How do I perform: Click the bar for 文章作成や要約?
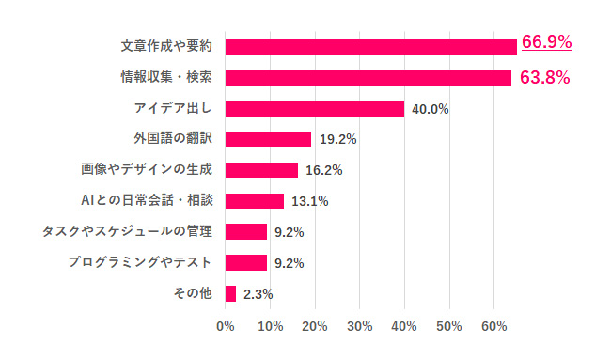(371, 46)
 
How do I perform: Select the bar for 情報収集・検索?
(368, 77)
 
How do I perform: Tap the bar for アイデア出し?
(315, 108)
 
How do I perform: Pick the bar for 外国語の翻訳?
(269, 139)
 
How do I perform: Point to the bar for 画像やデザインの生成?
(262, 170)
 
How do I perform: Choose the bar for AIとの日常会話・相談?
(255, 200)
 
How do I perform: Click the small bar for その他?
(231, 293)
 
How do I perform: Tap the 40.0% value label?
(430, 109)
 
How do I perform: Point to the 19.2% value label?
(337, 139)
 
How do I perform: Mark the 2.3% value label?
(258, 294)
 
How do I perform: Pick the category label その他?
(193, 293)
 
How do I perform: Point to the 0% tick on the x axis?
(226, 326)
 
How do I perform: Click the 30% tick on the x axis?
(360, 326)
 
